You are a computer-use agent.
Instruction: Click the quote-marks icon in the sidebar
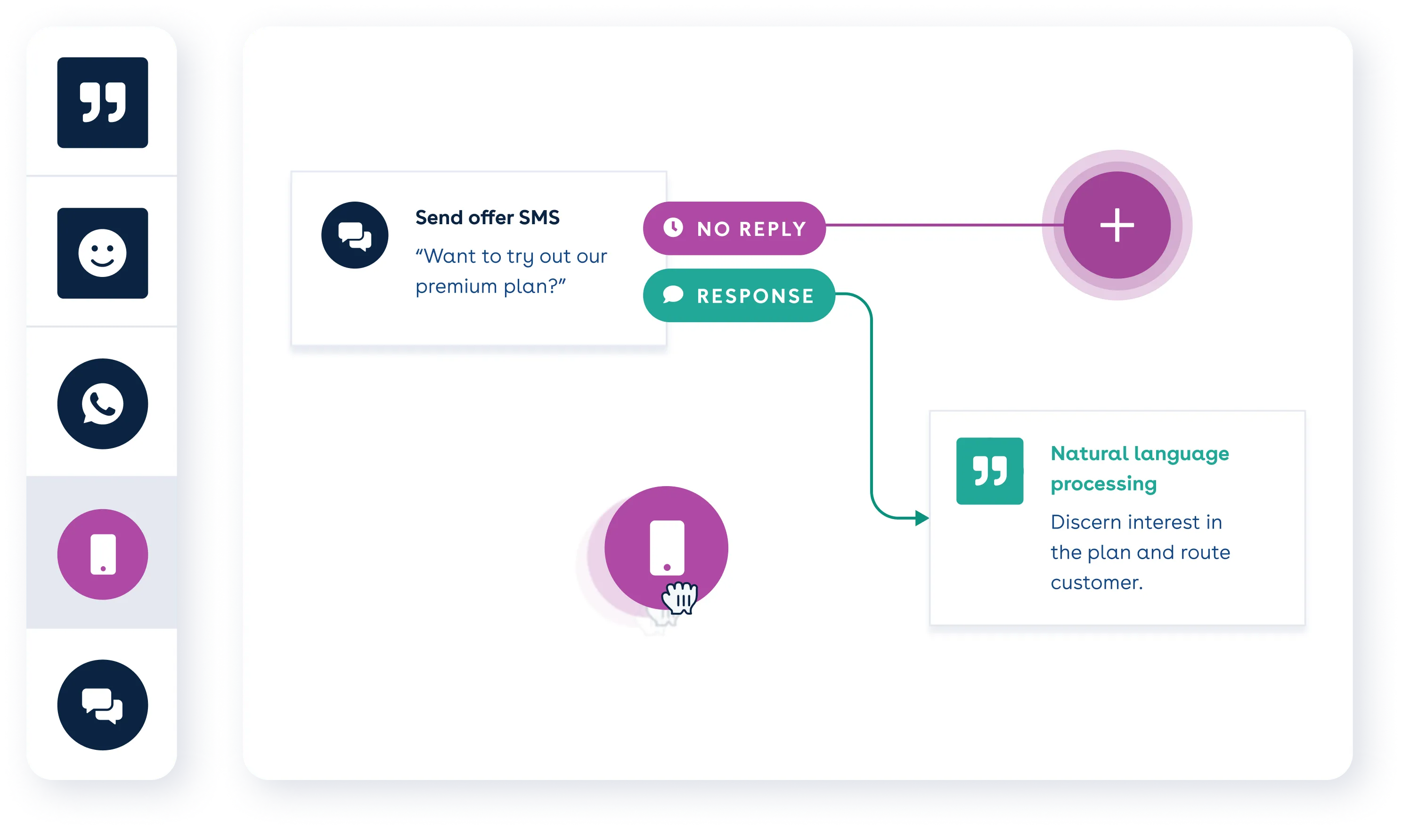coord(102,102)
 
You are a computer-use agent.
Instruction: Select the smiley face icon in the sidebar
coord(102,253)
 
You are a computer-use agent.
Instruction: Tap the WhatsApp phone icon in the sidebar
coord(102,403)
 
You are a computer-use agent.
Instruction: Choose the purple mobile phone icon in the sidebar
coord(102,554)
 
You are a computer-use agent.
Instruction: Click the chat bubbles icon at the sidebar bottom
coord(102,705)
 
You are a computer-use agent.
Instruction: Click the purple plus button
coord(1117,225)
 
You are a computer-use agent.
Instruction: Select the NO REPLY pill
coord(734,228)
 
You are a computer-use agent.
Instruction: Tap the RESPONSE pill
coord(738,295)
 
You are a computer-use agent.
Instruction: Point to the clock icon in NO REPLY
coord(673,228)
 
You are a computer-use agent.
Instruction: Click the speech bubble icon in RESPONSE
coord(673,294)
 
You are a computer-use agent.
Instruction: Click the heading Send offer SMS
coord(487,217)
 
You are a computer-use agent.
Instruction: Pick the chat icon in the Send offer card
coord(355,235)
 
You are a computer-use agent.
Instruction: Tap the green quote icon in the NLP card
coord(989,471)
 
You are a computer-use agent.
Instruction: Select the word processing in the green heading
coord(1103,484)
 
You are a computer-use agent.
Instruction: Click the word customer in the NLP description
coord(1096,583)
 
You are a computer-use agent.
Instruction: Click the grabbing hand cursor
coord(680,598)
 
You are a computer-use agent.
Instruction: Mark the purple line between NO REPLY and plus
coord(944,225)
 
